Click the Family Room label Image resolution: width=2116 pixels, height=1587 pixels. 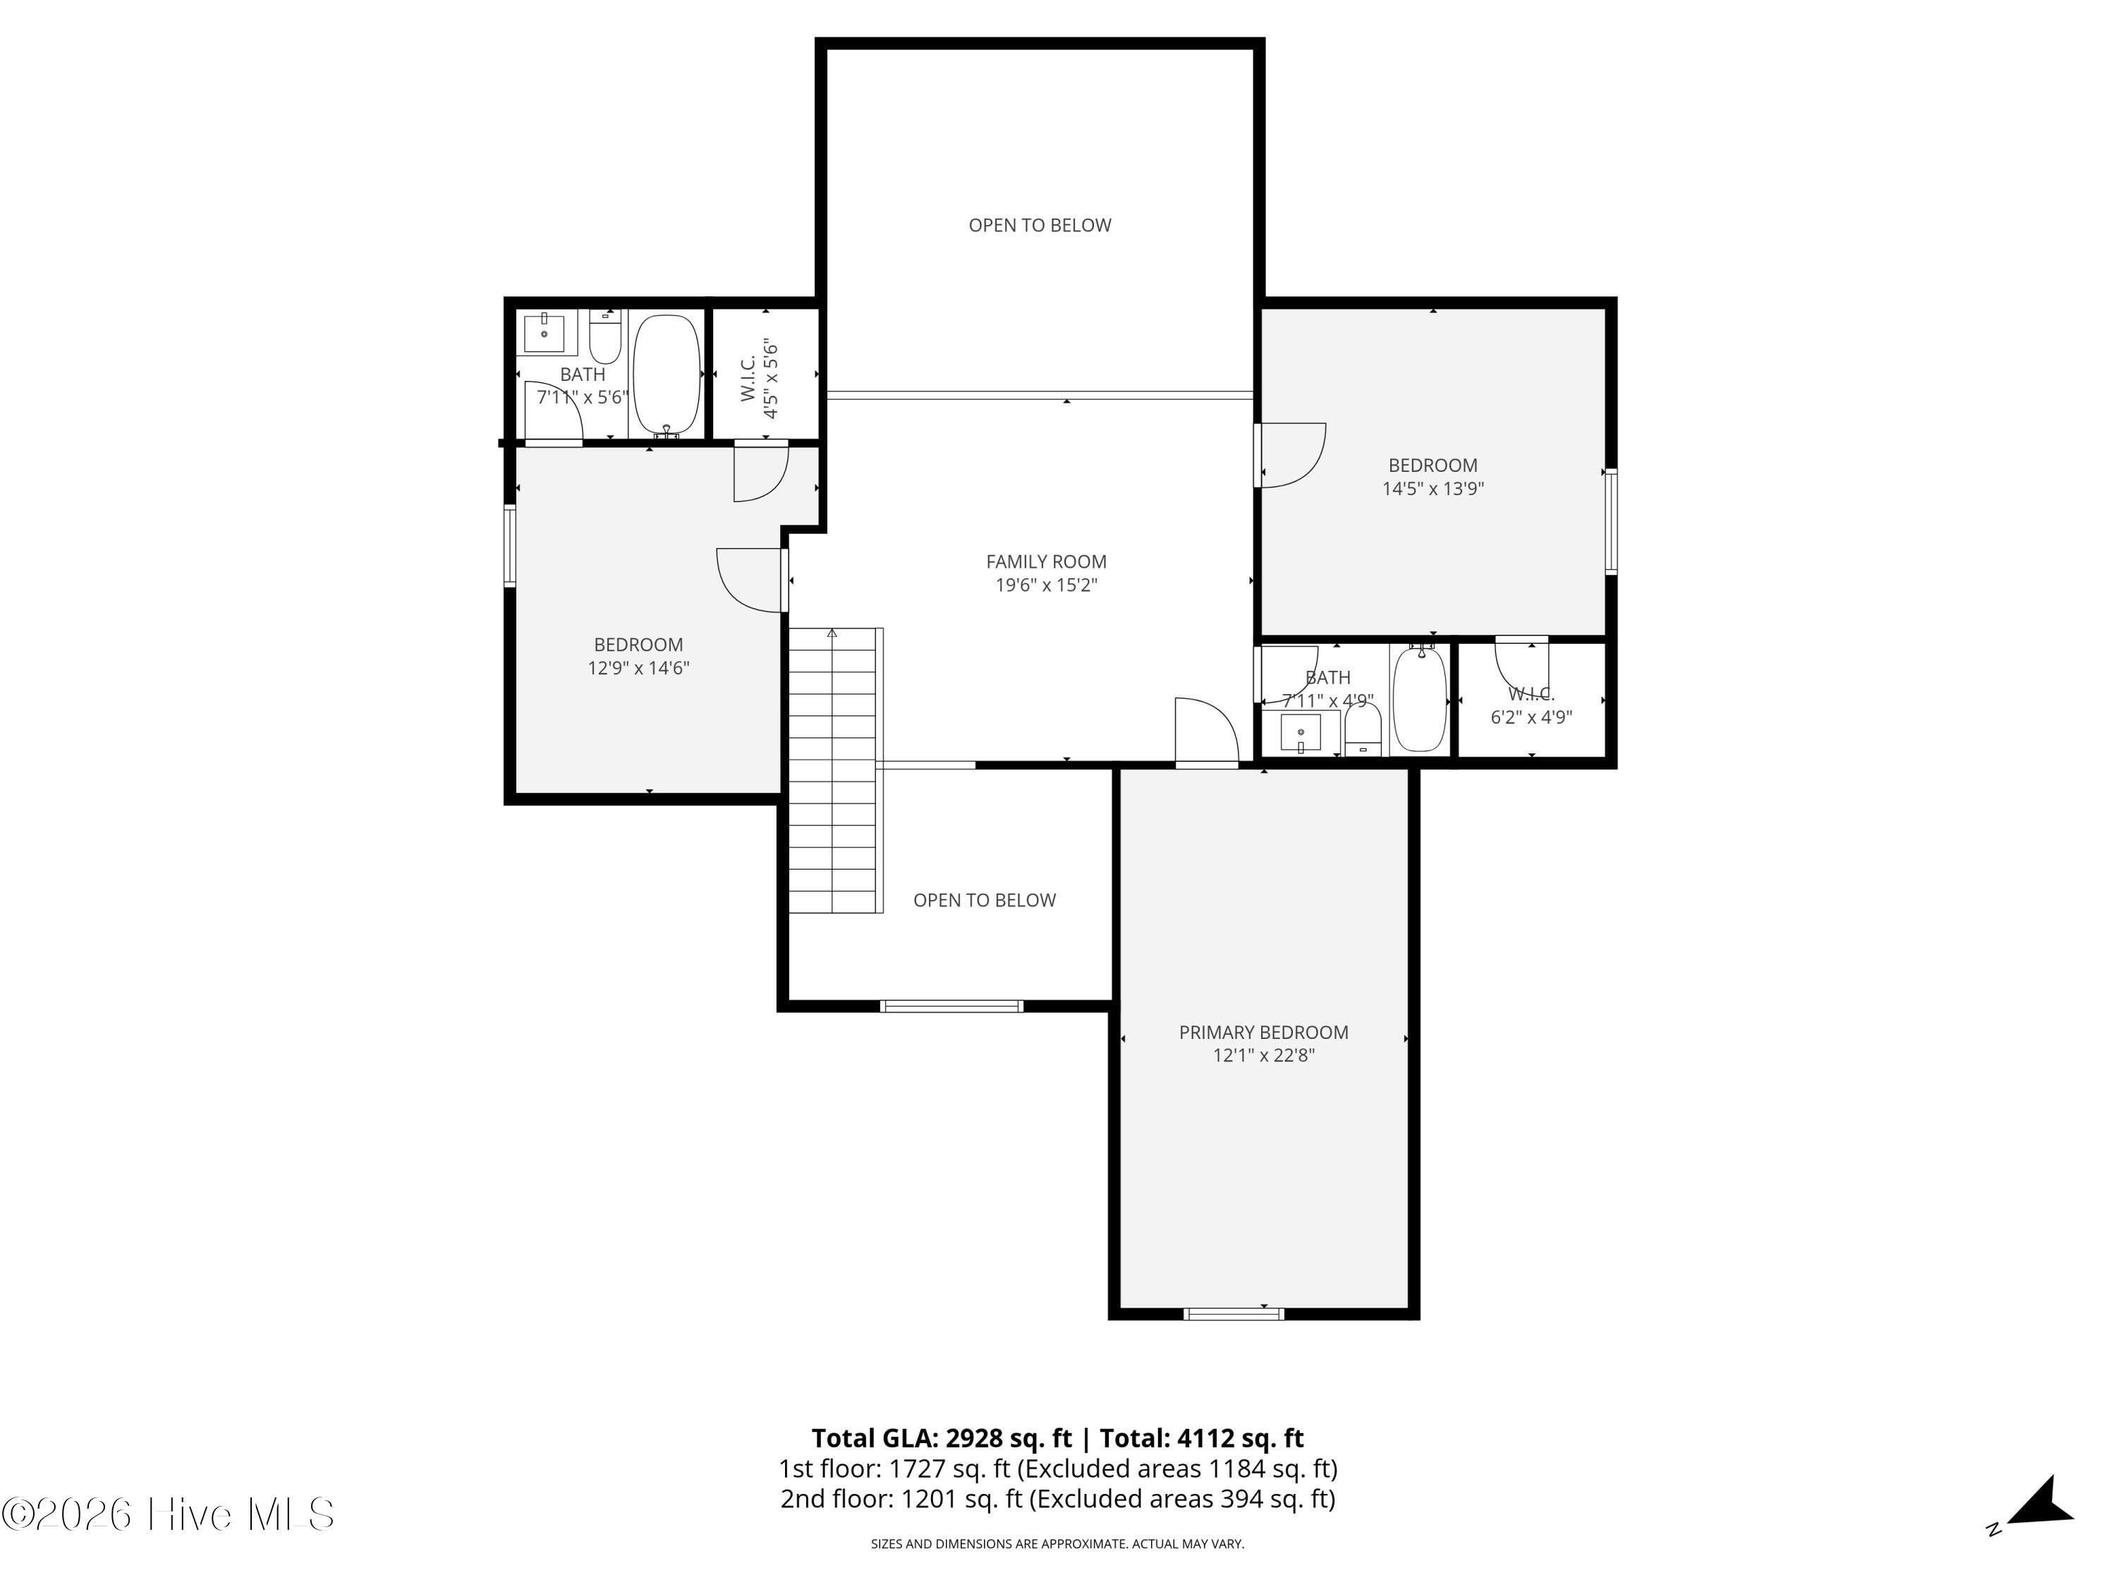pyautogui.click(x=1045, y=561)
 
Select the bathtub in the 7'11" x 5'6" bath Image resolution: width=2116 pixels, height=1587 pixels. pyautogui.click(x=667, y=373)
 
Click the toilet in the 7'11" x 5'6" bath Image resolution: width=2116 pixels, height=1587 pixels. pyautogui.click(x=604, y=336)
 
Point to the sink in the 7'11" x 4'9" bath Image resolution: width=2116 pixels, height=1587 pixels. pyautogui.click(x=1300, y=733)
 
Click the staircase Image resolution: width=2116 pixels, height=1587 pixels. pyautogui.click(x=832, y=770)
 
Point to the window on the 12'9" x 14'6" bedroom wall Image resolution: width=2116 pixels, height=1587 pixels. pyautogui.click(x=510, y=545)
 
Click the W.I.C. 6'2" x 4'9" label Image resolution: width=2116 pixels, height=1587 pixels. pyautogui.click(x=1531, y=706)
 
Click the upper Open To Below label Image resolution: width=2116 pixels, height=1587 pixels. pyautogui.click(x=1040, y=226)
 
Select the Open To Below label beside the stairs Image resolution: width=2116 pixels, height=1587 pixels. pyautogui.click(x=985, y=900)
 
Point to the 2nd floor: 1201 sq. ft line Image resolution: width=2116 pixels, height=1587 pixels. pyautogui.click(x=1057, y=1499)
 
